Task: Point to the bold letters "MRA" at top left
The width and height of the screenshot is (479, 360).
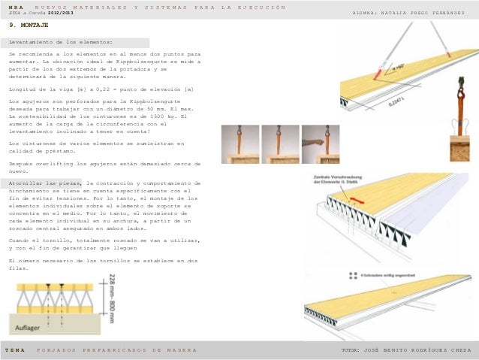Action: (x=15, y=8)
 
